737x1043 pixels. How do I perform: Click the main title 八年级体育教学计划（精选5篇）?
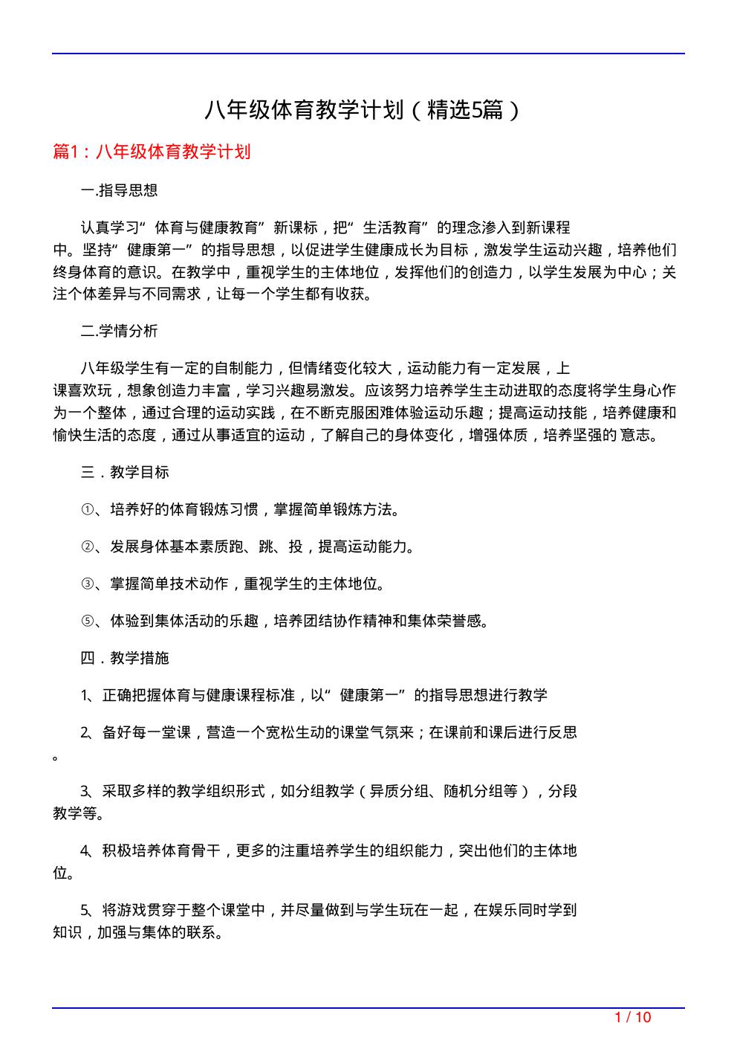363,111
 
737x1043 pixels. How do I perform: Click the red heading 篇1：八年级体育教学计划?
152,152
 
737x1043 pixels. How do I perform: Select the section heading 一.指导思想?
119,190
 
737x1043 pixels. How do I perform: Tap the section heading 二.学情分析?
119,332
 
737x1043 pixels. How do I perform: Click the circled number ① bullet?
86,510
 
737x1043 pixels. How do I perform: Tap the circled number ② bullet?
86,547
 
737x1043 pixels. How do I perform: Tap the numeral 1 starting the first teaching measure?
85,696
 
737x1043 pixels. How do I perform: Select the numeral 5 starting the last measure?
85,910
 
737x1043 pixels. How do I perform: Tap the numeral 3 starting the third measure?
85,792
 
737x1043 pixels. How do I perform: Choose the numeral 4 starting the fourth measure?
85,851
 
